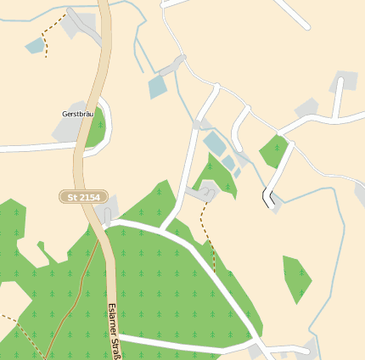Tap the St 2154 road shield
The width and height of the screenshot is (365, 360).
pos(84,197)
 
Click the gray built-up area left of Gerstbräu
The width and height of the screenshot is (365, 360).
pos(65,129)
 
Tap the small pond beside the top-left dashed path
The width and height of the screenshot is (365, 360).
pos(35,46)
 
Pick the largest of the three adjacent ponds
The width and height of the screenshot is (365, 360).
pos(214,143)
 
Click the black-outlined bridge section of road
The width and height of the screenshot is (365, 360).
pos(269,198)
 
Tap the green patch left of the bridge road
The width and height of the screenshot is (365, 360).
pos(273,152)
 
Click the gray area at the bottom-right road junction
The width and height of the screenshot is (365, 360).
pos(261,351)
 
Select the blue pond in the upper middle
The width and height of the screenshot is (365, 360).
pos(158,87)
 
